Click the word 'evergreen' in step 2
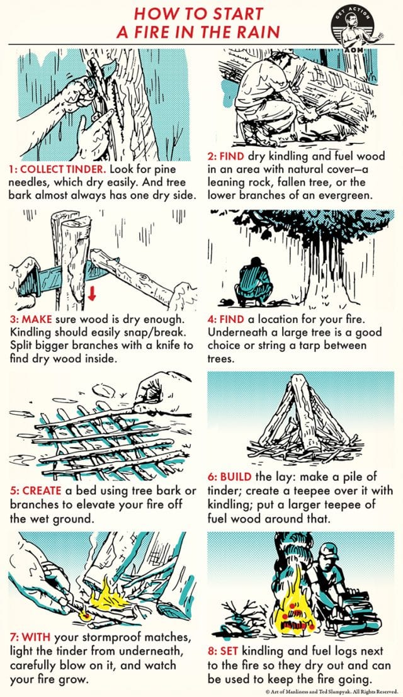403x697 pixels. (354, 195)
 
